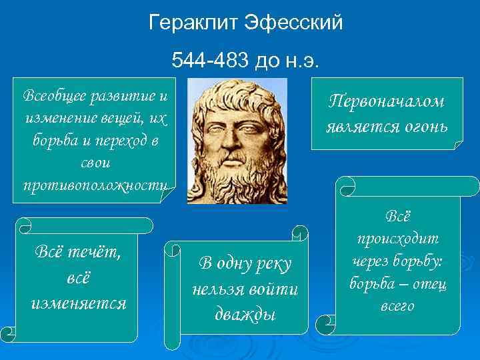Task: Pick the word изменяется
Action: point(79,302)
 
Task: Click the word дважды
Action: point(245,313)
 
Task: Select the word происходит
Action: point(399,239)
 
